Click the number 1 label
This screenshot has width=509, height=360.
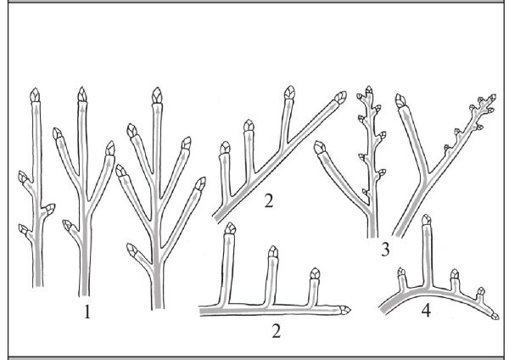pyautogui.click(x=87, y=312)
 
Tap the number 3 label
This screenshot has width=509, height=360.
pyautogui.click(x=385, y=250)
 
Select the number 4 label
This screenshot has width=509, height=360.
pyautogui.click(x=426, y=311)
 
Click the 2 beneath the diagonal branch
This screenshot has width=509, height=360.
pyautogui.click(x=269, y=201)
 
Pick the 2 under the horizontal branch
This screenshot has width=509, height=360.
pyautogui.click(x=276, y=331)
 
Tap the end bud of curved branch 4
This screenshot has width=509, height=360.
pyautogui.click(x=495, y=316)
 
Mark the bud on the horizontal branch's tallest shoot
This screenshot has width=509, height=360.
pyautogui.click(x=230, y=228)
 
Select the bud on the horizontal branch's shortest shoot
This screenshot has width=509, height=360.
pyautogui.click(x=315, y=273)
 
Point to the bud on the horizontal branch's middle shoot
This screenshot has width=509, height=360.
pyautogui.click(x=273, y=251)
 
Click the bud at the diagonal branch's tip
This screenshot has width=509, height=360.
pyautogui.click(x=340, y=97)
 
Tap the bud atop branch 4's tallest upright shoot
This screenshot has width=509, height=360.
pyautogui.click(x=427, y=220)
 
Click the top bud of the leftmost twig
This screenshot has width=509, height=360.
pyautogui.click(x=35, y=94)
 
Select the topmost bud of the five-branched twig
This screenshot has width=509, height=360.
pyautogui.click(x=157, y=95)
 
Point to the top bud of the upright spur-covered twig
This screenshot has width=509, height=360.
pyautogui.click(x=369, y=90)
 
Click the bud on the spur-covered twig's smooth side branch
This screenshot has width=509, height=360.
pyautogui.click(x=320, y=148)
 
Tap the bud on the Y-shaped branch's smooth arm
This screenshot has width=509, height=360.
pyautogui.click(x=401, y=101)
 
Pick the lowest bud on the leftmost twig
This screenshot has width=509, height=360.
pyautogui.click(x=24, y=230)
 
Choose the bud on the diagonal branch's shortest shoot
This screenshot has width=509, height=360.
pyautogui.click(x=225, y=148)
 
